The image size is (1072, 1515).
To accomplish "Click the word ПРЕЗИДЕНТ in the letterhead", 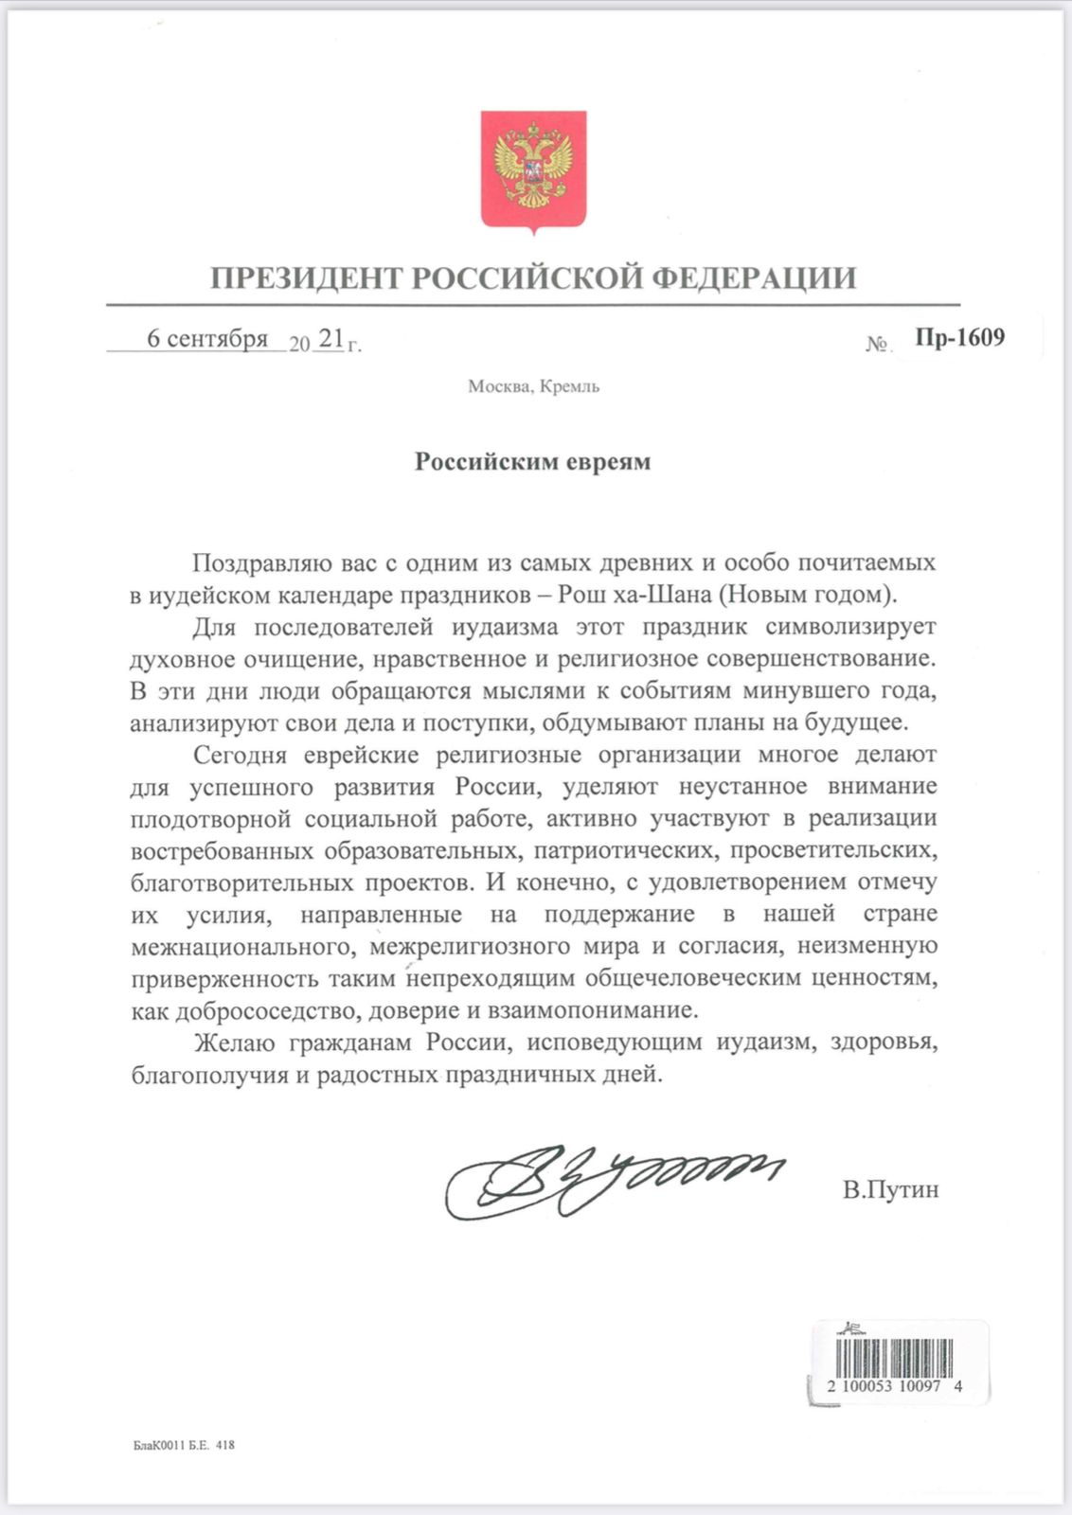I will pos(308,278).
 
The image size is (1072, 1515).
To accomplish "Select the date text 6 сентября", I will pos(207,339).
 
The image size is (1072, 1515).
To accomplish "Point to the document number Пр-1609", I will pos(959,337).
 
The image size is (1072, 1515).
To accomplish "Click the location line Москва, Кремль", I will pos(533,386).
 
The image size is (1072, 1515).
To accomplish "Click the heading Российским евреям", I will pos(533,462).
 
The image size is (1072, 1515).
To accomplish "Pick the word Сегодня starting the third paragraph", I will pos(240,755).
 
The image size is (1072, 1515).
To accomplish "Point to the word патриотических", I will pos(626,851).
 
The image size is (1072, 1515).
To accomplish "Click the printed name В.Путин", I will pos(890,1190).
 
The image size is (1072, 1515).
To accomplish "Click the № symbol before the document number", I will pos(877,344).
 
